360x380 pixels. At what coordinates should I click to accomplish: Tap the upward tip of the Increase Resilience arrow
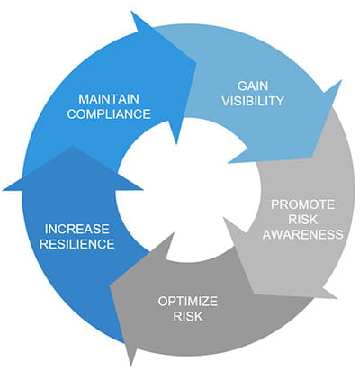[x=72, y=147]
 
